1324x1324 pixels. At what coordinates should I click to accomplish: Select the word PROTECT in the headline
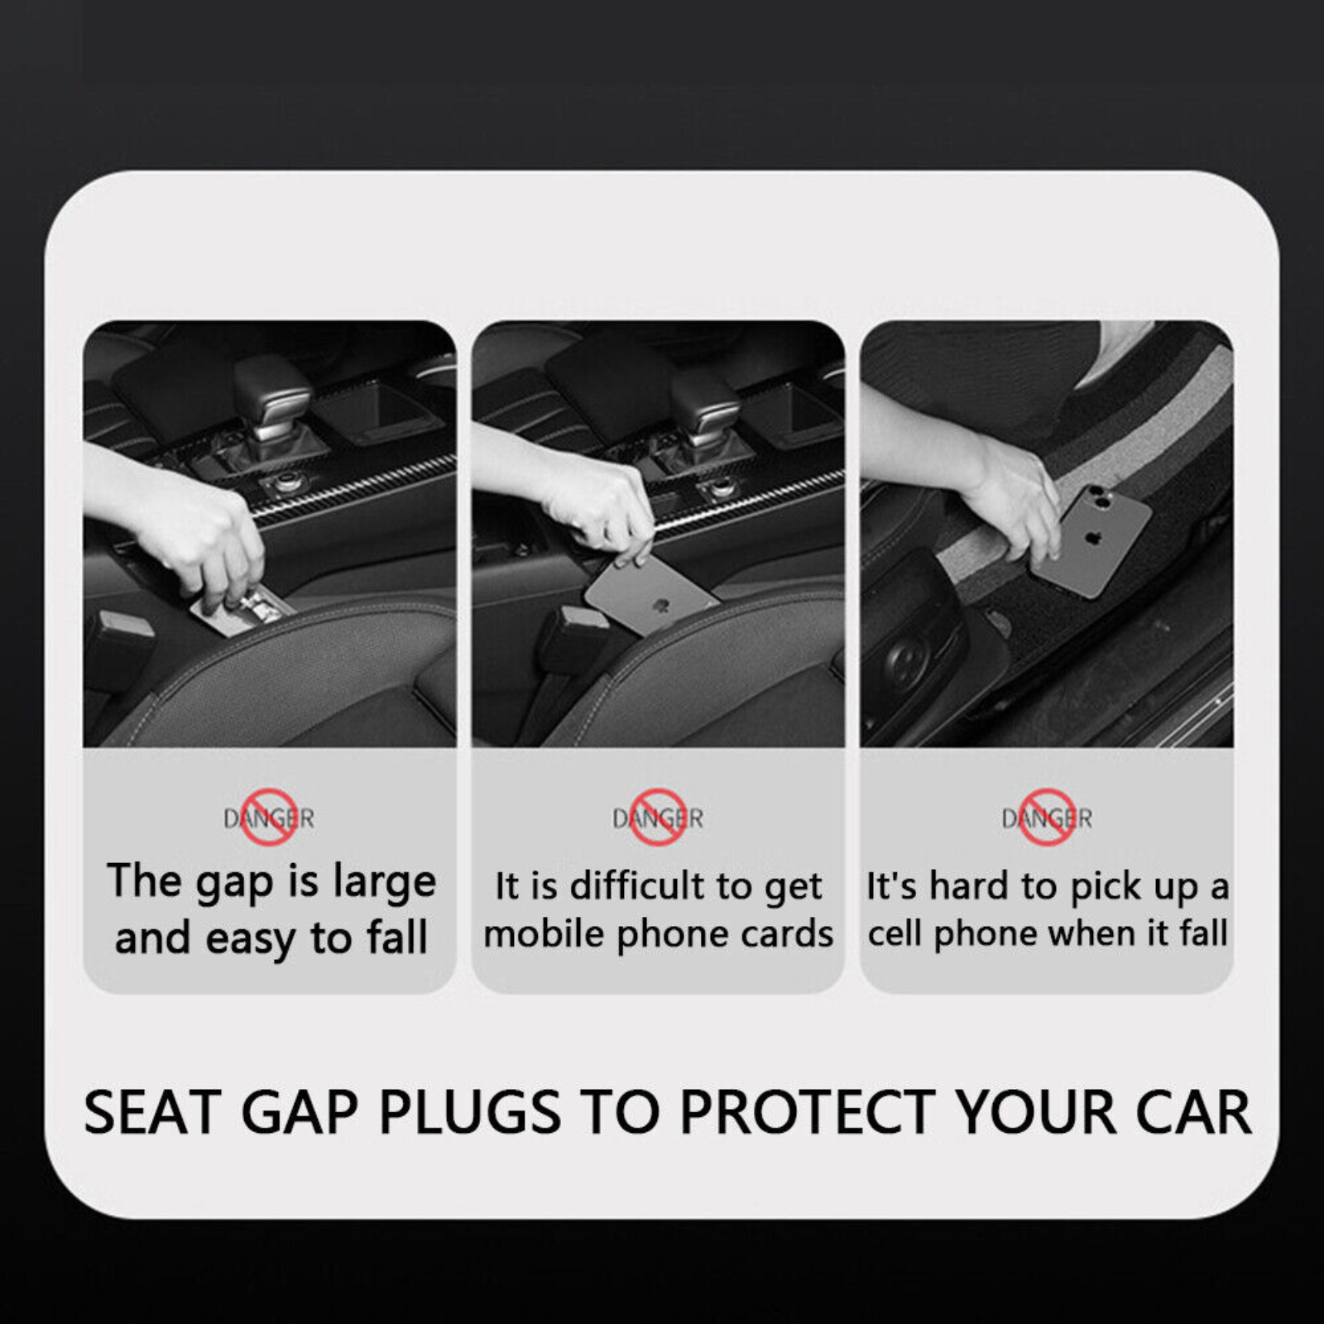click(x=806, y=1112)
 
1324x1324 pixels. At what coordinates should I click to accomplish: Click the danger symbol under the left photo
click(x=269, y=818)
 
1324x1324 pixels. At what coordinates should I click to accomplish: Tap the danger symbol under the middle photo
click(x=658, y=818)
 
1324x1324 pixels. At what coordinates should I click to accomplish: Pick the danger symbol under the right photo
click(x=1047, y=818)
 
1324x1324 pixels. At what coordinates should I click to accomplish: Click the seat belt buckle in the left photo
click(x=120, y=633)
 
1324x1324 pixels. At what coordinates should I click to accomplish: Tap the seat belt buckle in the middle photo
click(x=568, y=631)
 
